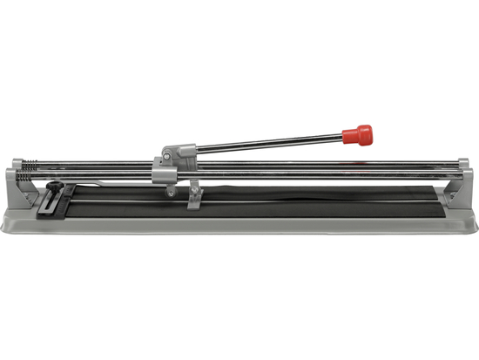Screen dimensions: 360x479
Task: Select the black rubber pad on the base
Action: (x=261, y=202)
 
